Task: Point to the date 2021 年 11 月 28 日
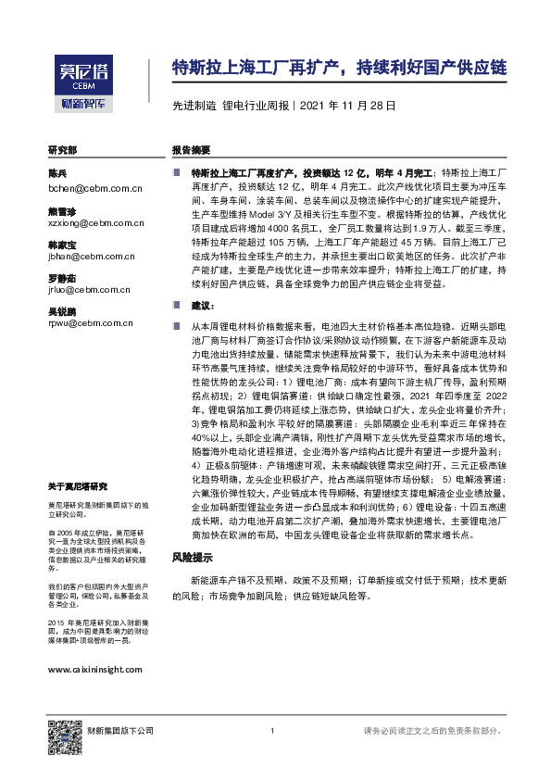(x=349, y=107)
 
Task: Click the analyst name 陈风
(x=57, y=174)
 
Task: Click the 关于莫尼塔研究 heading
(x=78, y=486)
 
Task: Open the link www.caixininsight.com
(x=94, y=671)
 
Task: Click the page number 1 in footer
(x=271, y=732)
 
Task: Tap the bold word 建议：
(x=203, y=305)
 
